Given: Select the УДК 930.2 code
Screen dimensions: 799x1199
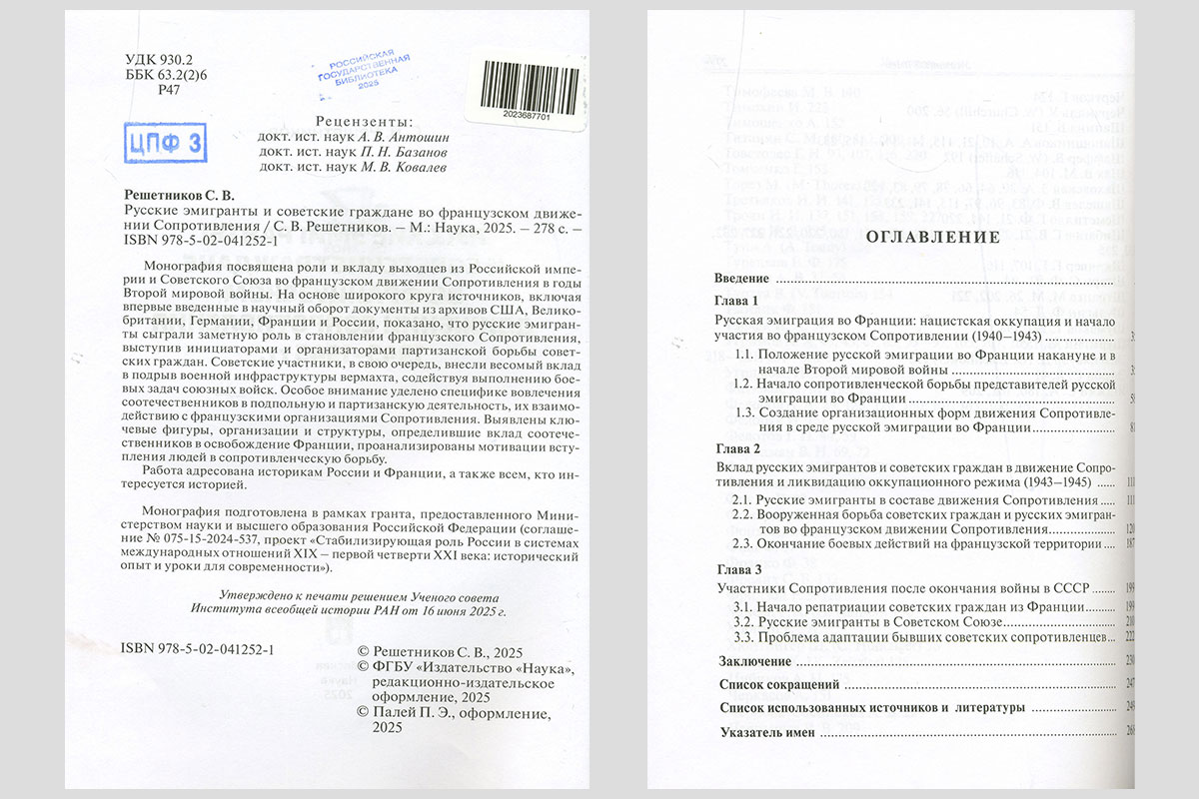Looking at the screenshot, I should (164, 60).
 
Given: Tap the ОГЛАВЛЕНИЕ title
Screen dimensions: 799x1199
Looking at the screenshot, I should (931, 238).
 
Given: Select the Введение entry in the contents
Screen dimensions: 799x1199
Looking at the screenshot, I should (742, 278).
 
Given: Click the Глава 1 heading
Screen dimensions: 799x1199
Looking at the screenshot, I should (738, 302).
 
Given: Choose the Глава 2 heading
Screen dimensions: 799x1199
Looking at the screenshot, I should (738, 448).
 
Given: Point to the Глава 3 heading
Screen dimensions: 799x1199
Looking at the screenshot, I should (738, 568).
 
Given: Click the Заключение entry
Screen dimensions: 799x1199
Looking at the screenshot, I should (756, 661).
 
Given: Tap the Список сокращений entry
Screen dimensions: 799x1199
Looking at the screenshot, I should (780, 685).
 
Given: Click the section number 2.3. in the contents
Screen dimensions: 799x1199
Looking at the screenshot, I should (743, 544).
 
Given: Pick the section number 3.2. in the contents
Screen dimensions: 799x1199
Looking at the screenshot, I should (743, 621).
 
